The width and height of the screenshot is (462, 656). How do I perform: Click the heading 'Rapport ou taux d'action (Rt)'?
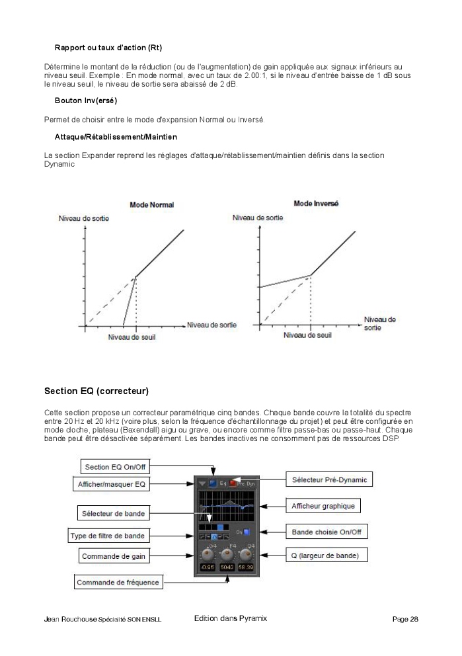pyautogui.click(x=108, y=48)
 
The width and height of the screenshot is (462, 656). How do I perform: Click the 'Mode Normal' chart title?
pyautogui.click(x=152, y=205)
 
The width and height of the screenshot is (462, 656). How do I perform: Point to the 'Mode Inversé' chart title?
pyautogui.click(x=316, y=204)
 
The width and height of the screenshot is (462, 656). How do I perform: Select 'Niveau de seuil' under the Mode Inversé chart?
pyautogui.click(x=307, y=335)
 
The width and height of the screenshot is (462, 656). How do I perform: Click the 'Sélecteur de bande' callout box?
pyautogui.click(x=113, y=513)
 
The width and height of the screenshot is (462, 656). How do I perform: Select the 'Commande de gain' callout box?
pyautogui.click(x=113, y=556)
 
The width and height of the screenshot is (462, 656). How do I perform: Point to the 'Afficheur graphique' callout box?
pyautogui.click(x=323, y=506)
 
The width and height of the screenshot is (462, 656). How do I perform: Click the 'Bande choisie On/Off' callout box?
pyautogui.click(x=326, y=532)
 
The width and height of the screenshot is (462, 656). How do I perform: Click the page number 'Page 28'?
pyautogui.click(x=405, y=620)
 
